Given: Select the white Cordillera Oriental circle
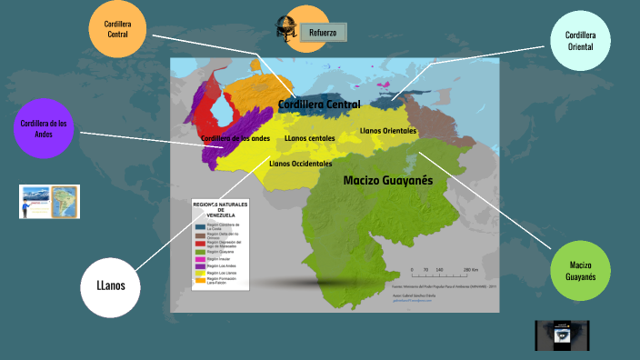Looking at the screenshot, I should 581,40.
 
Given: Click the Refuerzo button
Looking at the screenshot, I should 323,33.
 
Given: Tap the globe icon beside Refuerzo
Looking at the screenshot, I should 289,29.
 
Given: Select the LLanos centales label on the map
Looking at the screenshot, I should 309,138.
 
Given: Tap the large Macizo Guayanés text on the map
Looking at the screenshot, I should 387,181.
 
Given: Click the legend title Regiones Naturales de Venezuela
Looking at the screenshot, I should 221,208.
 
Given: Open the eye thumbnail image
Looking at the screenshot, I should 563,335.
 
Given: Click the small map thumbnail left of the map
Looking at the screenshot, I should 49,201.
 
